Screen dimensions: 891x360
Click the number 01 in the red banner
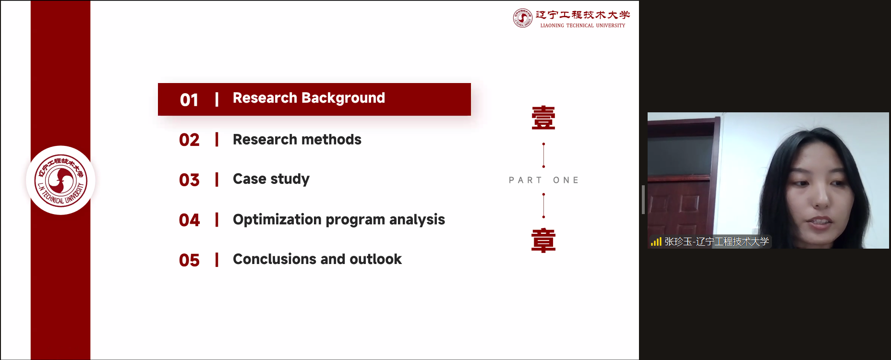pyautogui.click(x=189, y=100)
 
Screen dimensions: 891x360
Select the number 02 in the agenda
pyautogui.click(x=189, y=140)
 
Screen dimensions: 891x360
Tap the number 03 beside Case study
pyautogui.click(x=189, y=180)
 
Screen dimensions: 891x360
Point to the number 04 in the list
pyautogui.click(x=189, y=220)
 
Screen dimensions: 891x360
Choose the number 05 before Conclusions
pyautogui.click(x=189, y=260)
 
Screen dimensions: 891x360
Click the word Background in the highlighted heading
pyautogui.click(x=343, y=98)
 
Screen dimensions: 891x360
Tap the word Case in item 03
pyautogui.click(x=249, y=179)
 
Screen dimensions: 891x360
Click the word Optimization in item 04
pyautogui.click(x=277, y=220)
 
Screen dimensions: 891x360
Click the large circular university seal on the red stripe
pyautogui.click(x=61, y=180)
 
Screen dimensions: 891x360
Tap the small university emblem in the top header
pyautogui.click(x=523, y=18)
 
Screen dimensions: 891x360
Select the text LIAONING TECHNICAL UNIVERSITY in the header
pyautogui.click(x=583, y=25)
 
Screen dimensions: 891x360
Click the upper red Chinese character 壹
pyautogui.click(x=543, y=118)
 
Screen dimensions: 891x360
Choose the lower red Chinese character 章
pyautogui.click(x=543, y=240)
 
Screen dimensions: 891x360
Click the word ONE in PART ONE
pyautogui.click(x=566, y=180)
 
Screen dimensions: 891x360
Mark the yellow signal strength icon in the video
pyautogui.click(x=656, y=241)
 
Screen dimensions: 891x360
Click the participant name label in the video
pyautogui.click(x=716, y=241)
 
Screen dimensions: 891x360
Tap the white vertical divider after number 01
pyautogui.click(x=217, y=99)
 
